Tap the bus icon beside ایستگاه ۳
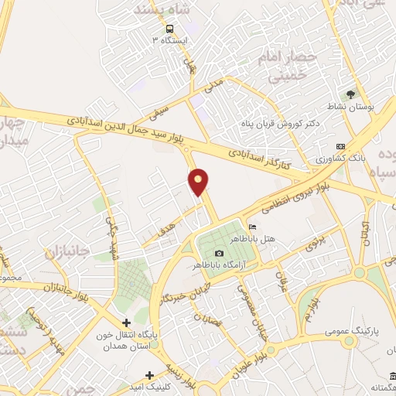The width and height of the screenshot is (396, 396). [x=169, y=29]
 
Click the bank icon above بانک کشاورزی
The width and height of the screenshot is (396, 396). [x=340, y=146]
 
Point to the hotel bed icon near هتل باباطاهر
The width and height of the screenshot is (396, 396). [x=252, y=226]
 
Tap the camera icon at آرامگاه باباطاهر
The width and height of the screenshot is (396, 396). [x=219, y=254]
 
